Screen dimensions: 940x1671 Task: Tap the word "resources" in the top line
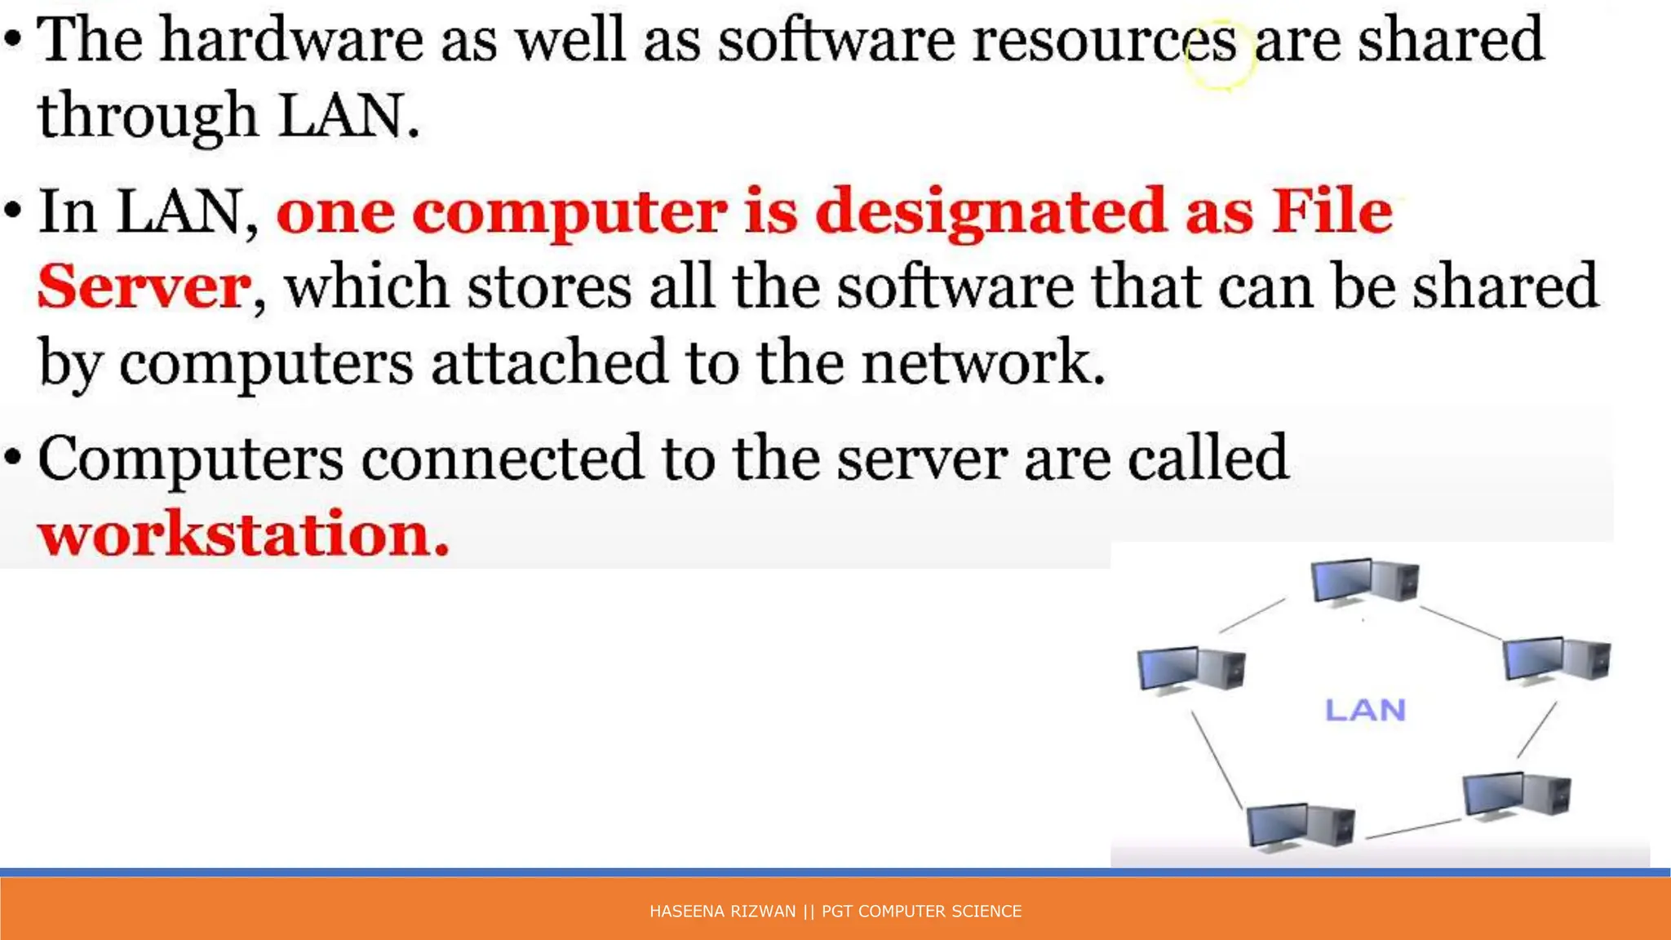1104,41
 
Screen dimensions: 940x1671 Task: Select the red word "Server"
144,286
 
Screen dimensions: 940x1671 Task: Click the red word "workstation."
243,534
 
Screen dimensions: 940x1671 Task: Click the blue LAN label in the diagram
1365,710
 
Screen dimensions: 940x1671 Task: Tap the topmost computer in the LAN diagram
1364,581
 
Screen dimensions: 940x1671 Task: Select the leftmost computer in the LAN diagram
1191,669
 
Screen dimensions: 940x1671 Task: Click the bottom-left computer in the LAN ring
1301,826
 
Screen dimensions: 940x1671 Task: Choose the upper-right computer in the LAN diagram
1557,659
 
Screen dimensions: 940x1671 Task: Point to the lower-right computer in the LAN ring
1516,795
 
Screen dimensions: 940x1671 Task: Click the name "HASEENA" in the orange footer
681,911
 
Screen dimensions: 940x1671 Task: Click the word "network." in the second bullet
983,362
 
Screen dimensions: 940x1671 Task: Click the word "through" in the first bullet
148,117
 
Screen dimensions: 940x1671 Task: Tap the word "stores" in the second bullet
549,287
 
